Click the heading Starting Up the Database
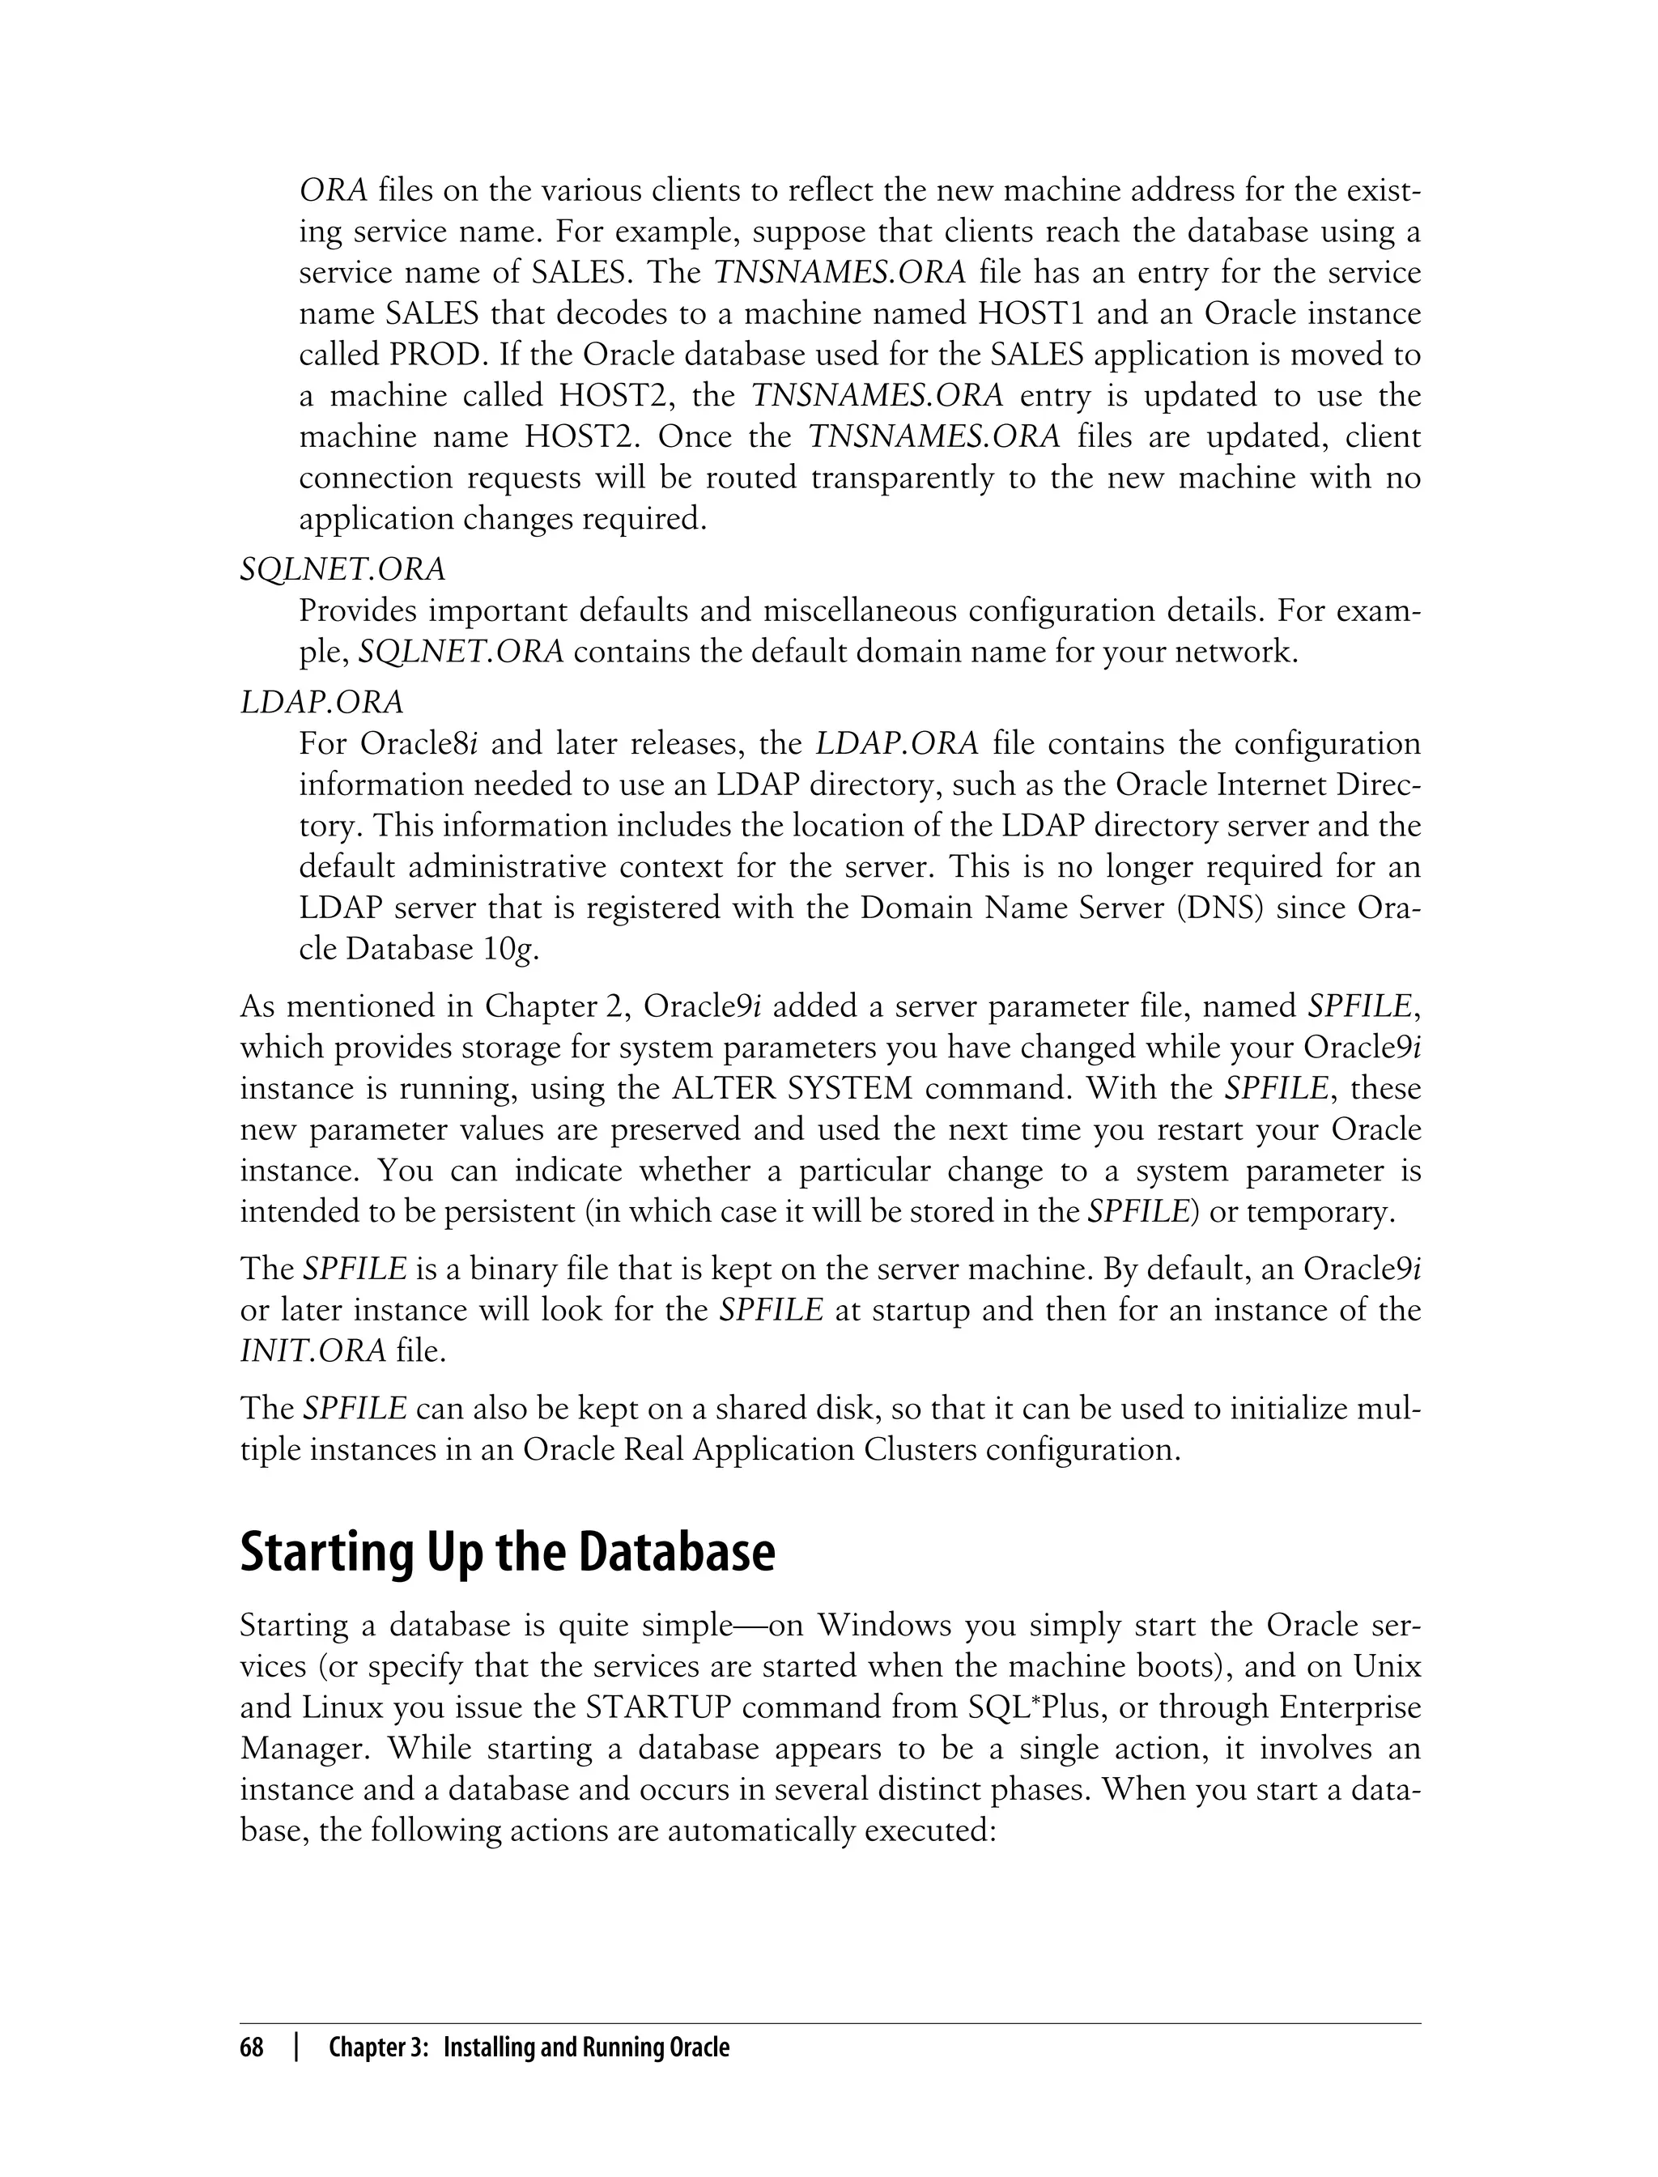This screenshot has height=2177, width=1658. [x=508, y=1551]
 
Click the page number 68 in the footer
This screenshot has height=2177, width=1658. [x=252, y=2047]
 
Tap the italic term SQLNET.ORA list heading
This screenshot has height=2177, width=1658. [x=342, y=569]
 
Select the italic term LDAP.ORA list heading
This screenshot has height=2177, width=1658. [x=321, y=702]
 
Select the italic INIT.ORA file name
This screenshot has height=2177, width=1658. [x=312, y=1351]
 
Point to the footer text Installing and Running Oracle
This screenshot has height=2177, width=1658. [x=586, y=2047]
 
